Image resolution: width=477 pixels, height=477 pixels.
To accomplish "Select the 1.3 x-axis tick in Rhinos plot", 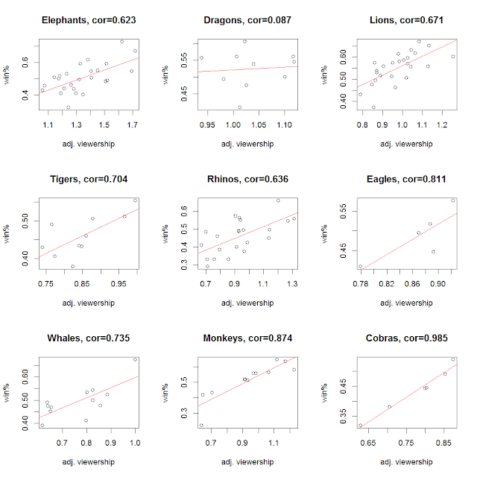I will pos(291,283).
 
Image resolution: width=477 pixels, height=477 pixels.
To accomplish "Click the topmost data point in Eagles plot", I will pos(452,200).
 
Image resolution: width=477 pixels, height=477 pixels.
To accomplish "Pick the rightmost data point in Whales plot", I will pos(135,359).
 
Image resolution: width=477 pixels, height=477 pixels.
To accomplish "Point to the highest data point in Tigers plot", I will pos(135,200).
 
